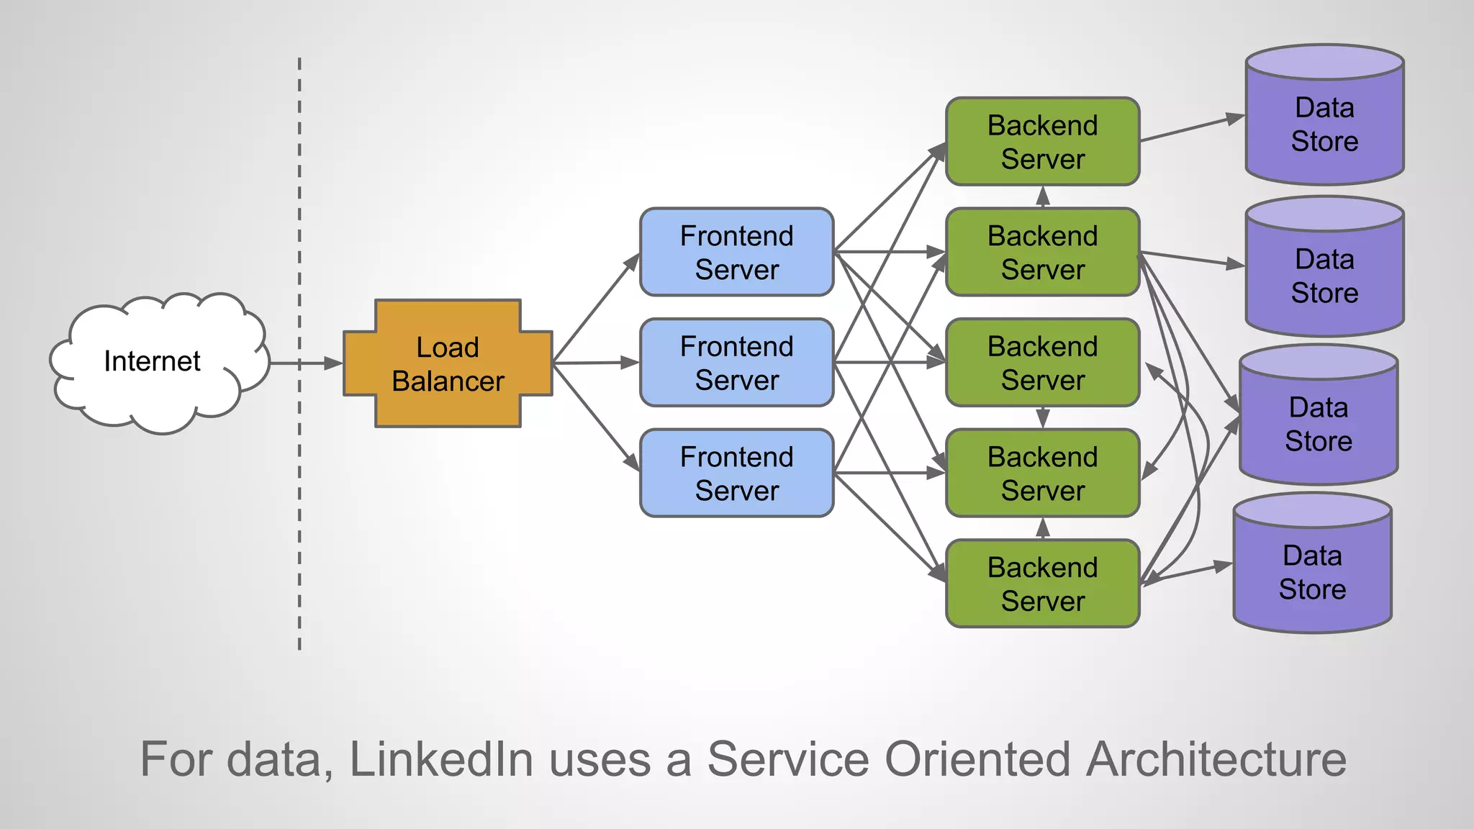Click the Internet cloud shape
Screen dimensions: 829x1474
point(152,361)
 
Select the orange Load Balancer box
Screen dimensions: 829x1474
point(448,363)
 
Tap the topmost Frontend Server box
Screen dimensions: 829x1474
point(736,252)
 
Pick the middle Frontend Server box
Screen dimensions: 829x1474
point(736,363)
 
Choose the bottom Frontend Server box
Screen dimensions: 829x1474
point(736,473)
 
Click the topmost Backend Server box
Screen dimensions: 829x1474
point(1042,142)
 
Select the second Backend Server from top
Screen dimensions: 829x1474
point(1042,252)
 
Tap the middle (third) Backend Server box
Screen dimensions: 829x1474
point(1042,363)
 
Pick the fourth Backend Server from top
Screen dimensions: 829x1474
point(1042,473)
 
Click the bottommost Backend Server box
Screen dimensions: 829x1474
point(1042,584)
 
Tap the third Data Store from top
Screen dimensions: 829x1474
point(1318,424)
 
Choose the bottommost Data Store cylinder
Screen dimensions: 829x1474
point(1312,572)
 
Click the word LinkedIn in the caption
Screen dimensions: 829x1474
point(441,759)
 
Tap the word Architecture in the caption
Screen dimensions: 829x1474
point(1216,759)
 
